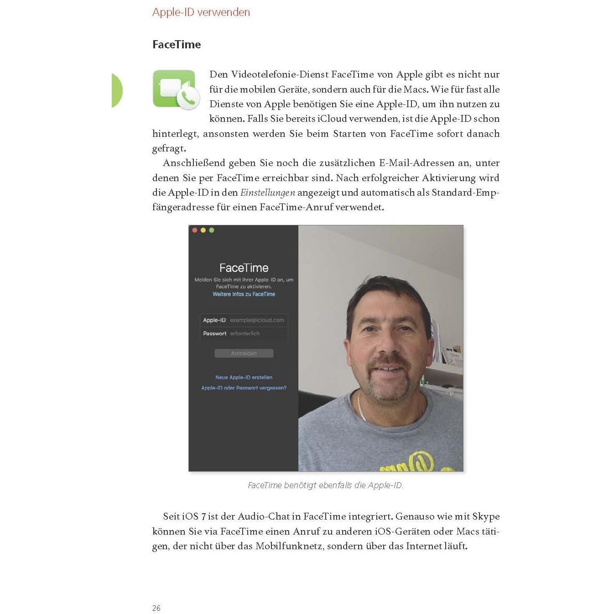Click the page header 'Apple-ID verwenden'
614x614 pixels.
pyautogui.click(x=201, y=12)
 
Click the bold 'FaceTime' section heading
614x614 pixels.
pyautogui.click(x=177, y=45)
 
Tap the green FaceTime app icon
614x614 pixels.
pyautogui.click(x=176, y=89)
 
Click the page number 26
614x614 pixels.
pyautogui.click(x=156, y=608)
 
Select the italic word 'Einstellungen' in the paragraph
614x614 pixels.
pyautogui.click(x=268, y=193)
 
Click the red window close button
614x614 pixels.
pyautogui.click(x=195, y=230)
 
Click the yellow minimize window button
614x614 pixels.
pyautogui.click(x=203, y=230)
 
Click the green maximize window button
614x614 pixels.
pyautogui.click(x=211, y=230)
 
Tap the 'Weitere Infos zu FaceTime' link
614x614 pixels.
pyautogui.click(x=244, y=294)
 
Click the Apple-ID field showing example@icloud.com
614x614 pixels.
pyautogui.click(x=257, y=320)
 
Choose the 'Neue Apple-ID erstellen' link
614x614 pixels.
pyautogui.click(x=244, y=377)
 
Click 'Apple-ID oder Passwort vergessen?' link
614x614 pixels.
pyautogui.click(x=244, y=388)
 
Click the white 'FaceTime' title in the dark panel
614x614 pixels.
pyautogui.click(x=244, y=268)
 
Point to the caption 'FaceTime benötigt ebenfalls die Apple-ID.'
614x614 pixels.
pyautogui.click(x=325, y=485)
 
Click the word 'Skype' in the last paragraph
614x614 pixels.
pyautogui.click(x=486, y=517)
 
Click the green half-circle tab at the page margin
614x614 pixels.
pyautogui.click(x=117, y=90)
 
